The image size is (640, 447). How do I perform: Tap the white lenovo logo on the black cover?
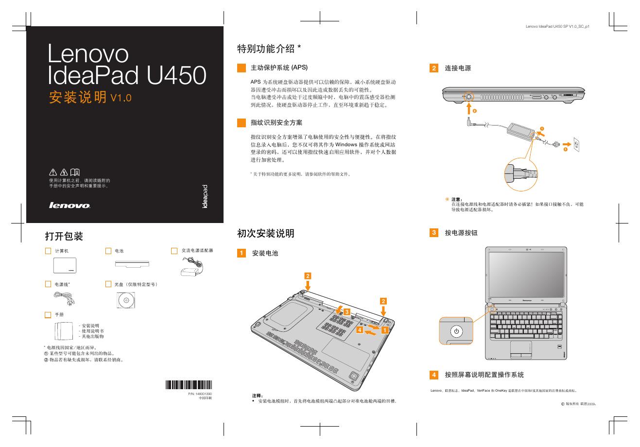pyautogui.click(x=70, y=206)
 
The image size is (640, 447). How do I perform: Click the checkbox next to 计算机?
pyautogui.click(x=48, y=251)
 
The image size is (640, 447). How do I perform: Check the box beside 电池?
pyautogui.click(x=108, y=251)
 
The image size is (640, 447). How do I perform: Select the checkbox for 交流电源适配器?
pyautogui.click(x=174, y=251)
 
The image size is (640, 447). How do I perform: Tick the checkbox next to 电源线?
pyautogui.click(x=48, y=284)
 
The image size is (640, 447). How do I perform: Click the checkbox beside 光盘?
pyautogui.click(x=108, y=284)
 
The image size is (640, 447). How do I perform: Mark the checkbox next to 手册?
pyautogui.click(x=48, y=315)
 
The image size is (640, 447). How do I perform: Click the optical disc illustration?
pyautogui.click(x=124, y=301)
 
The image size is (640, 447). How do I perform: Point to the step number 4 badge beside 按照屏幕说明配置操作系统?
pyautogui.click(x=434, y=375)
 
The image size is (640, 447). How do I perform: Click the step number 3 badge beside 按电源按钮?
pyautogui.click(x=434, y=233)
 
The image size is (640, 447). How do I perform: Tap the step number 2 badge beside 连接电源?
pyautogui.click(x=434, y=68)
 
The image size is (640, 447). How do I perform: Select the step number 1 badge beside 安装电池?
pyautogui.click(x=241, y=253)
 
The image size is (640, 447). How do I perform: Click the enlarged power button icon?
pyautogui.click(x=456, y=332)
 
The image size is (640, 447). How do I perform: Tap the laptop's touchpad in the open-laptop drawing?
pyautogui.click(x=520, y=347)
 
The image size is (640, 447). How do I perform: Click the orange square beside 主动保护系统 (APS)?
pyautogui.click(x=241, y=68)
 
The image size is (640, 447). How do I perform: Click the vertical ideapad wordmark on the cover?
pyautogui.click(x=205, y=197)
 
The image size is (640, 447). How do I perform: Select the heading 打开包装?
pyautogui.click(x=64, y=237)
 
